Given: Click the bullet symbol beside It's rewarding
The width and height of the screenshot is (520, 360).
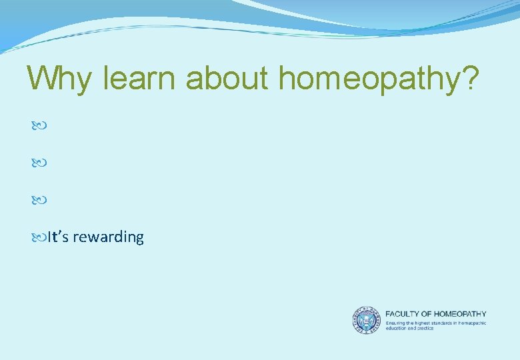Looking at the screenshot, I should (37, 237).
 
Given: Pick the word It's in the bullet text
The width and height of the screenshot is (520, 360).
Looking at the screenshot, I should (57, 237).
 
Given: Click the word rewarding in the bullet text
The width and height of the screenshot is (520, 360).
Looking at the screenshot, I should (108, 237).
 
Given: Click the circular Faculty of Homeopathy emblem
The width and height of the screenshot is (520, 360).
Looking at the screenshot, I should (366, 320).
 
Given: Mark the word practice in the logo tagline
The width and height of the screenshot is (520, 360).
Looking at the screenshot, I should (424, 328).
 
